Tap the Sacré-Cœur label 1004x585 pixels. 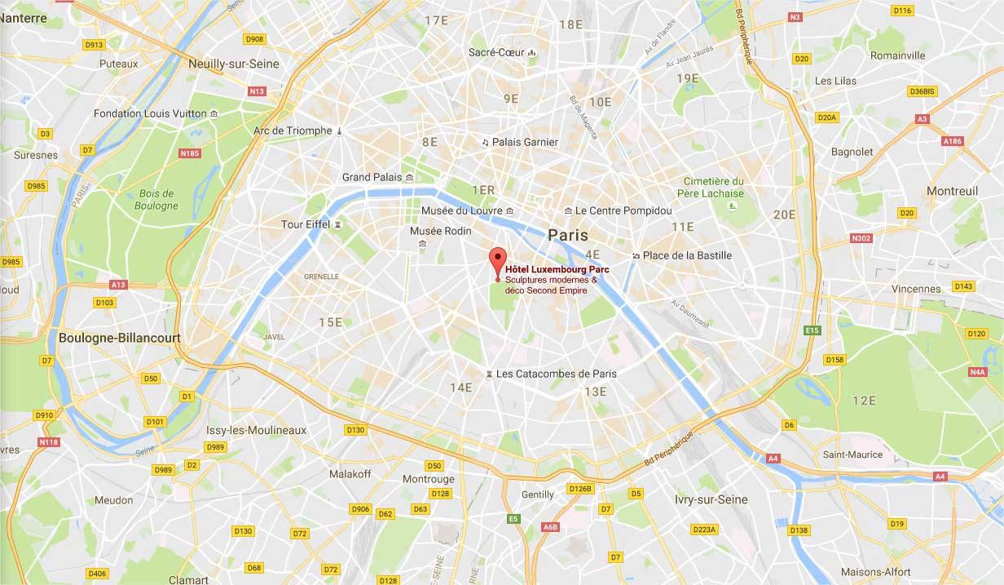pos(495,52)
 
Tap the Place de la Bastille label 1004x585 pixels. pos(687,255)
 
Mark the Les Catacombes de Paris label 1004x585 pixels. pos(556,374)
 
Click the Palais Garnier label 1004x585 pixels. pos(518,142)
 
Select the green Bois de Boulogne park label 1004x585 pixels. pos(157,200)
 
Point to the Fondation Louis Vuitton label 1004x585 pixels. pos(150,113)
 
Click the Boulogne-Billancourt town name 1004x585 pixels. pos(119,337)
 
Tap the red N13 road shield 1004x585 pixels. pos(258,91)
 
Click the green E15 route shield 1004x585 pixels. pos(811,330)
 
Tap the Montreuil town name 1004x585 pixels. pos(952,191)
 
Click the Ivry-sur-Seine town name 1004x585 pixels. pos(711,499)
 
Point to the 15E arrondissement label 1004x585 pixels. pos(330,322)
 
